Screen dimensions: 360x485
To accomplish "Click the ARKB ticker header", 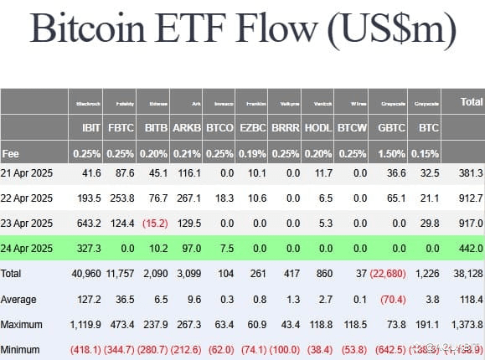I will tap(187, 129).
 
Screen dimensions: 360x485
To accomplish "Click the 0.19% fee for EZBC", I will tap(251, 154).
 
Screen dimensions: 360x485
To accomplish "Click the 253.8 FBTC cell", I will tap(121, 198).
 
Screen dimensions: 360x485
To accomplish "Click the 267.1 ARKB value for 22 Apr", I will tap(187, 198).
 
